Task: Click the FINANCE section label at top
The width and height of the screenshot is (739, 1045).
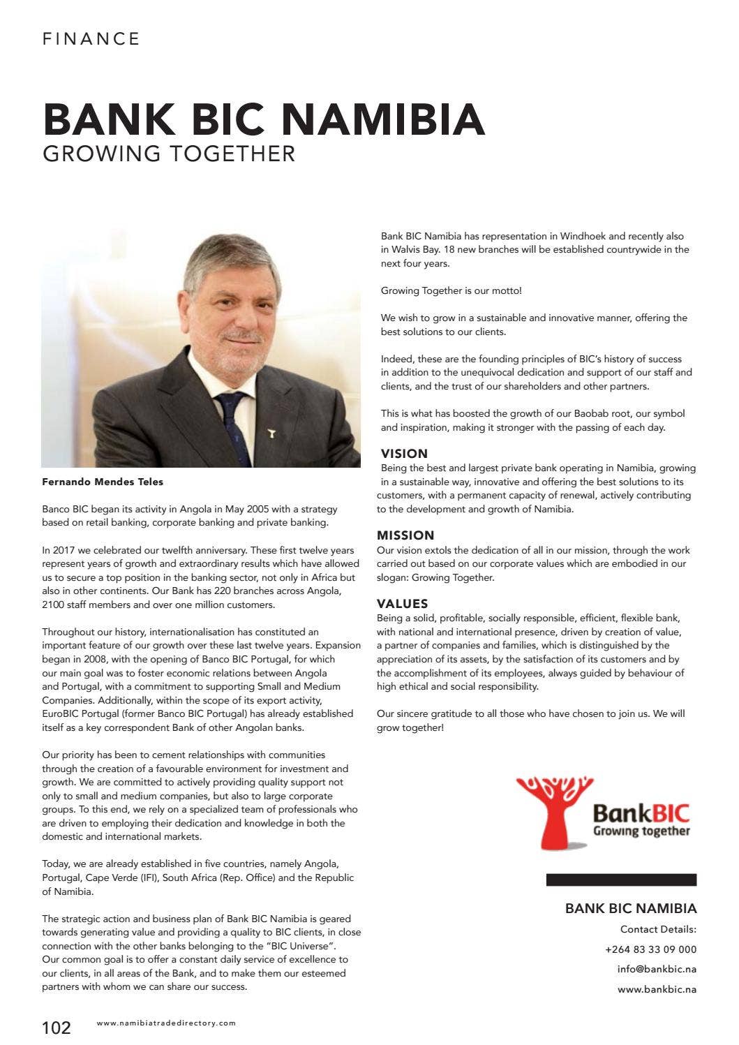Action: pos(91,39)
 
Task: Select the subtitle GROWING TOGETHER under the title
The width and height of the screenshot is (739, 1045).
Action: pos(169,154)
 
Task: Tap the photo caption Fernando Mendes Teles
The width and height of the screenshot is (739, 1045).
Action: pos(103,482)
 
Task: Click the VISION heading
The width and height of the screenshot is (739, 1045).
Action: pos(404,454)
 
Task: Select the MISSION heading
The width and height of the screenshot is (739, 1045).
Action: pos(405,535)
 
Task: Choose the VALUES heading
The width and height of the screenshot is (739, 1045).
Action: pos(403,604)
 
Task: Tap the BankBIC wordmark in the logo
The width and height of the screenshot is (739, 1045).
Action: pos(641,813)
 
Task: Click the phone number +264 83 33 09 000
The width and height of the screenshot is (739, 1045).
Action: pos(650,949)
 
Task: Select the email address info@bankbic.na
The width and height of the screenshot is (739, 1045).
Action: pos(657,969)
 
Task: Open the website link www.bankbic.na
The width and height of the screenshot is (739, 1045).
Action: pos(657,989)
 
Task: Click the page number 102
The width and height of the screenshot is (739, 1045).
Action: pos(57,1028)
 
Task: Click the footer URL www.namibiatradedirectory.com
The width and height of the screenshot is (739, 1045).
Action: pos(166,1023)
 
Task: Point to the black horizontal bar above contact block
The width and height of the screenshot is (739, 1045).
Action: pos(621,880)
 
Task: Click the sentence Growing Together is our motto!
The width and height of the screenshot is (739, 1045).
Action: pos(451,290)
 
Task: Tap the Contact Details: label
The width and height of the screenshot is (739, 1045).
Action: pos(658,929)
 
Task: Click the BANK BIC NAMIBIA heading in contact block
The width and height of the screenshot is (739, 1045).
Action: pos(631,908)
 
